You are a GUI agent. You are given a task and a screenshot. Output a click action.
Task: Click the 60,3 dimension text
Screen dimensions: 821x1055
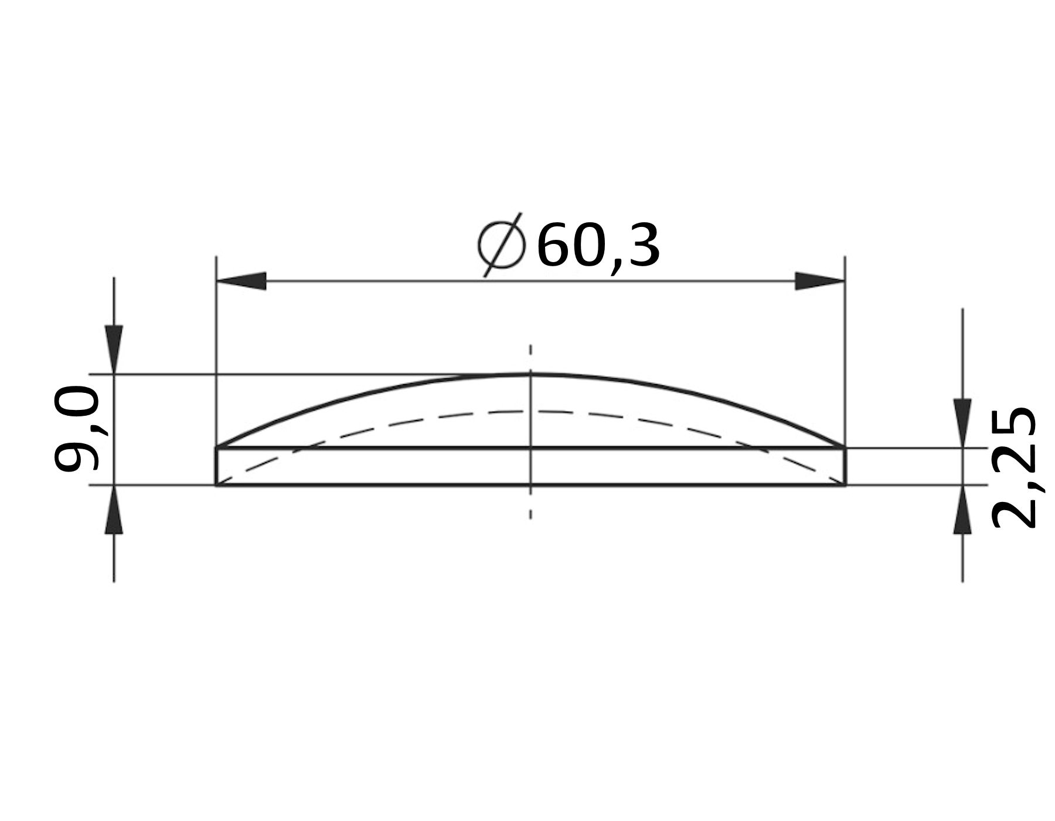coord(598,247)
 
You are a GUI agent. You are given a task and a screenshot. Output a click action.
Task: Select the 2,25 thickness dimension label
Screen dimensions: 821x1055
coord(1014,467)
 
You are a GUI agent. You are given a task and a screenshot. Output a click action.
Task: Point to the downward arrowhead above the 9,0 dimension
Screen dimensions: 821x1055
coord(114,348)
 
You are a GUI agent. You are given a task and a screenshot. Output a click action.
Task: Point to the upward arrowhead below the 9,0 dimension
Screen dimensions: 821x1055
coord(114,511)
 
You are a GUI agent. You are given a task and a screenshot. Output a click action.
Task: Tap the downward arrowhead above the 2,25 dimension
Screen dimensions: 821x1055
coord(962,422)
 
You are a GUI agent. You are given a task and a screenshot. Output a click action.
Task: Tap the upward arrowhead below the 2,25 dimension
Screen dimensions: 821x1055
coord(962,511)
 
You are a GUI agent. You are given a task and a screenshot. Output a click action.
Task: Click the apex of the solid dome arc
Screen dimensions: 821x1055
coord(530,374)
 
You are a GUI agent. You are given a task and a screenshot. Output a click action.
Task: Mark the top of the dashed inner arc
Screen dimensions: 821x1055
coord(530,412)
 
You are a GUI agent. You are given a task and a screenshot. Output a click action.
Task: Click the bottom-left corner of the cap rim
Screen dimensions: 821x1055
coord(217,485)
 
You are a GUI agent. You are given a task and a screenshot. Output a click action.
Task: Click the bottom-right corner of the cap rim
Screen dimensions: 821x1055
coord(845,485)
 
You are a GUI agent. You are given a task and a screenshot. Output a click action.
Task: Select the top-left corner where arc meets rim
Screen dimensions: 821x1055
coord(217,448)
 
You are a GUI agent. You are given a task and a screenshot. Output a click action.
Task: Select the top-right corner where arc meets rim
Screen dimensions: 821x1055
coord(845,448)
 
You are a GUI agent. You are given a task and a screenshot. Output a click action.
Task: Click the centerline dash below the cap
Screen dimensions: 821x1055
coord(530,514)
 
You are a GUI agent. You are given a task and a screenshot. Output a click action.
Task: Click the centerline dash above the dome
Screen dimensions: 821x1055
coord(530,350)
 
